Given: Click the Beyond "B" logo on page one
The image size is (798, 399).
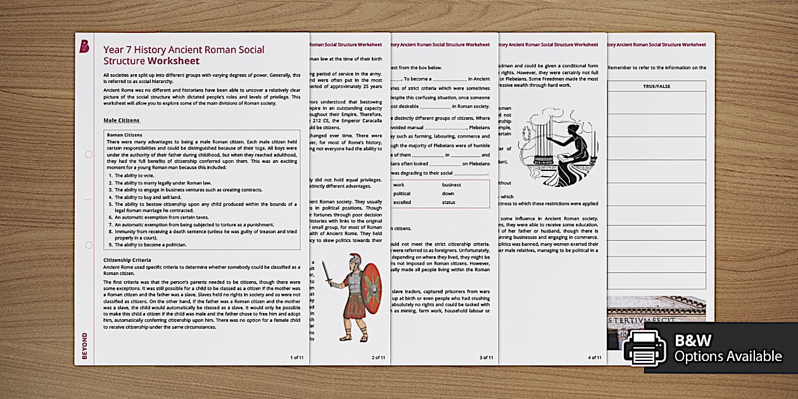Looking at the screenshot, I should click(84, 46).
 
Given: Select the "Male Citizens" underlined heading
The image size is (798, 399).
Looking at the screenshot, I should click(122, 120).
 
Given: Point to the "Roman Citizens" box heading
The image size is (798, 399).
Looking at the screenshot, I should click(125, 135).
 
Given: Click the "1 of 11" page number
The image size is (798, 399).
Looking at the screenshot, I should click(296, 357).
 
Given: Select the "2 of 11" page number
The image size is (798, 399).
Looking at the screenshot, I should click(378, 357).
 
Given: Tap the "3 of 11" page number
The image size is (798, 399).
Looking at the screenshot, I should click(486, 357).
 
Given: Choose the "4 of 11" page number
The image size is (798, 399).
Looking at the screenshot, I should click(594, 357).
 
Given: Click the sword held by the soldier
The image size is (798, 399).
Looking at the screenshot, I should click(327, 272).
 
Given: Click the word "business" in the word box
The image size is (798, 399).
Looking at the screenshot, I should click(452, 185).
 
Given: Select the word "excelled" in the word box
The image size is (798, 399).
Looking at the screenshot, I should click(403, 202).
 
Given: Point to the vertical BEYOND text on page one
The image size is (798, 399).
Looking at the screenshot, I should click(84, 346).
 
